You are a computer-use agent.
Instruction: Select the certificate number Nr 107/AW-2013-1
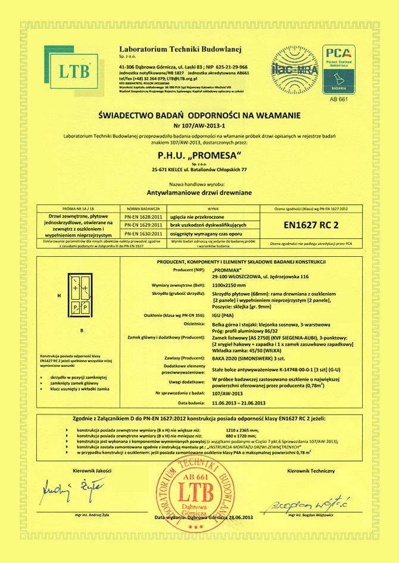point(199,126)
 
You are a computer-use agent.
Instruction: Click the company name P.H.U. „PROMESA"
point(199,156)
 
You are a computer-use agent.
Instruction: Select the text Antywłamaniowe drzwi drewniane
point(199,193)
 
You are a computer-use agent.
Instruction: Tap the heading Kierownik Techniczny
point(310,455)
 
